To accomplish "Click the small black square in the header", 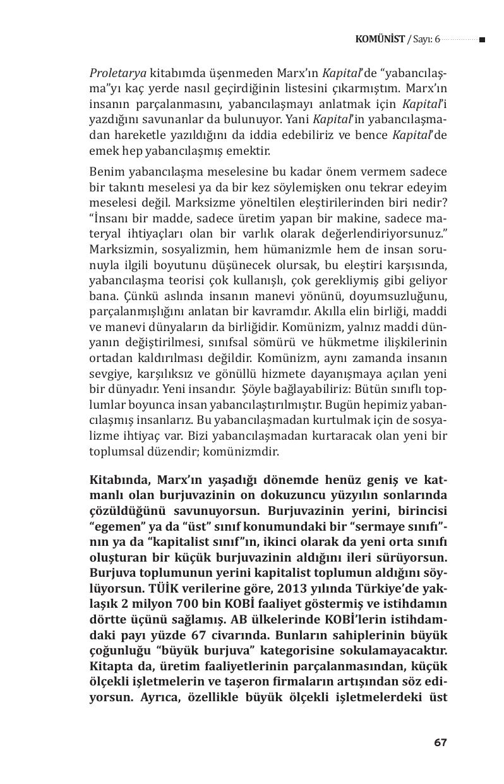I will click(482, 40).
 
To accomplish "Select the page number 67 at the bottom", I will click(440, 742).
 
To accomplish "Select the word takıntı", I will click(125, 187).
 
